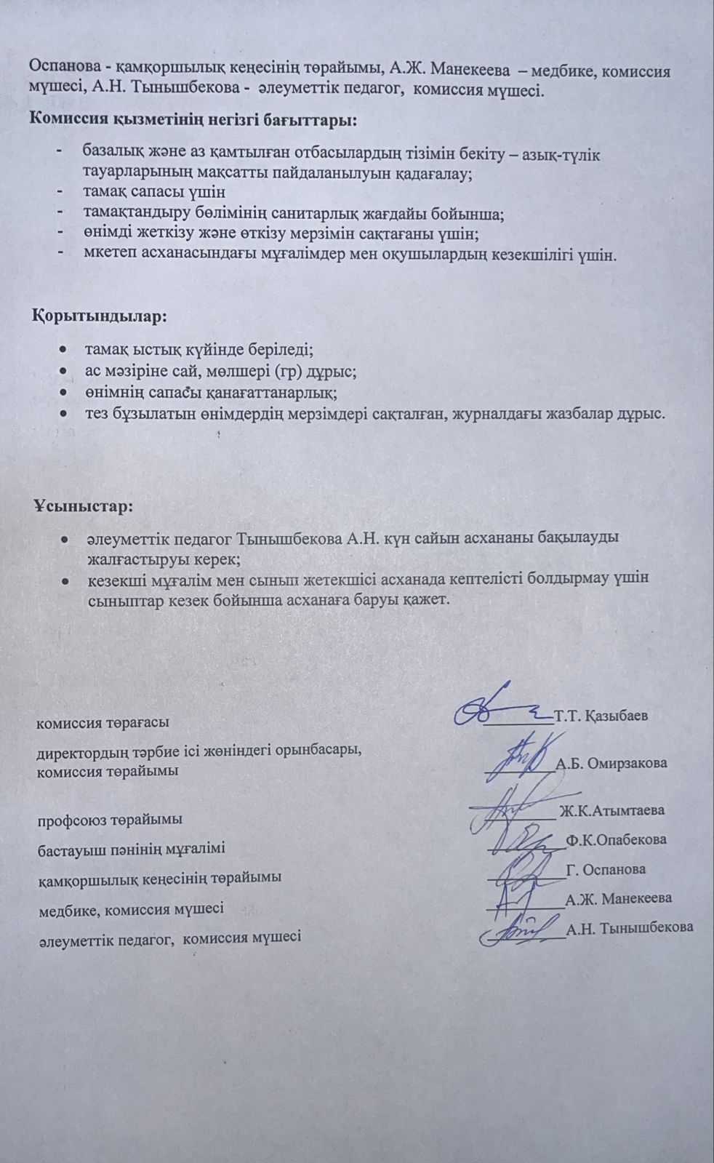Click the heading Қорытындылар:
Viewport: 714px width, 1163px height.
pyautogui.click(x=100, y=317)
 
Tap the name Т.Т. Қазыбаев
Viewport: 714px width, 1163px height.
pyautogui.click(x=601, y=715)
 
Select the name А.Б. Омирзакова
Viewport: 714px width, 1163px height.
pyautogui.click(x=611, y=763)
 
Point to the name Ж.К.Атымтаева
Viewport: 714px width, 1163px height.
pyautogui.click(x=611, y=810)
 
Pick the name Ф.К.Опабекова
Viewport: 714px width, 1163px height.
pyautogui.click(x=616, y=839)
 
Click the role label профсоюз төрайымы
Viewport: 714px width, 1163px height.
pyautogui.click(x=110, y=820)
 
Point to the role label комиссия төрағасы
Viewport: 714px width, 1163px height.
pyautogui.click(x=103, y=723)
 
